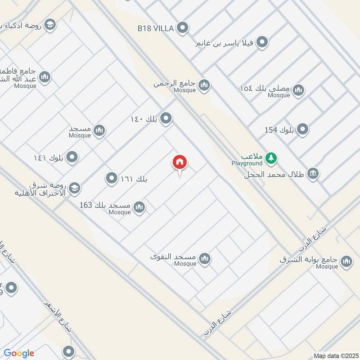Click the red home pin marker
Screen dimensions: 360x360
coord(180,162)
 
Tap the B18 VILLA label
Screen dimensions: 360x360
coord(156,28)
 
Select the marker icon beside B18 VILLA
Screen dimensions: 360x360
coord(182,28)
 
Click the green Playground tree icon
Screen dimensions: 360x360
coord(271,157)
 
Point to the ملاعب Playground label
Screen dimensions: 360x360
coord(247,158)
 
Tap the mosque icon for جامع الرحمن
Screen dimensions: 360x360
coord(204,85)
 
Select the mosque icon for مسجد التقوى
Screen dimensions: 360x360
coord(205,259)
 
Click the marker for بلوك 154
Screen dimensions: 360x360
coord(303,130)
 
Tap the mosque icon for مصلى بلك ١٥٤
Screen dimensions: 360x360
coord(298,91)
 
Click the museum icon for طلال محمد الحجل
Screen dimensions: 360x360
coord(312,173)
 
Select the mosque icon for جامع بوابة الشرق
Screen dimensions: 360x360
coord(346,261)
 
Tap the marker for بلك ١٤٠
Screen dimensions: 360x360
coord(166,119)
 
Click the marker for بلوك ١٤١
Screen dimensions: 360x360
coord(72,157)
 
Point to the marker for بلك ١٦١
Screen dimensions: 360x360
coord(111,179)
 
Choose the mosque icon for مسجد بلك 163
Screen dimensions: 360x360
coord(139,207)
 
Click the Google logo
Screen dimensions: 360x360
coord(19,353)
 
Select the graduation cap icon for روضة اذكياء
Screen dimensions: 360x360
coord(50,24)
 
